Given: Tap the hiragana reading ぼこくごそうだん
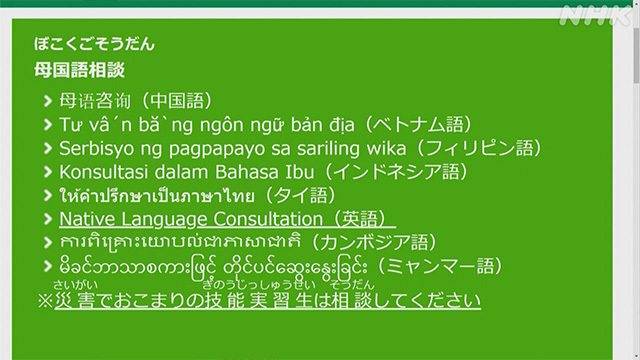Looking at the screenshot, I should pyautogui.click(x=95, y=44).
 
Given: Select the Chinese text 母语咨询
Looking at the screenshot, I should pyautogui.click(x=97, y=100).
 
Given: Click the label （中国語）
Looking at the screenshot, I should pyautogui.click(x=179, y=100).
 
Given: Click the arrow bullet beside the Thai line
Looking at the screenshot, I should pyautogui.click(x=49, y=195).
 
